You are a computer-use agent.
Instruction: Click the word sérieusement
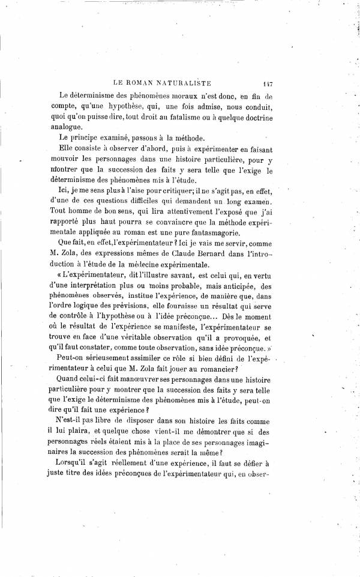(107, 358)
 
